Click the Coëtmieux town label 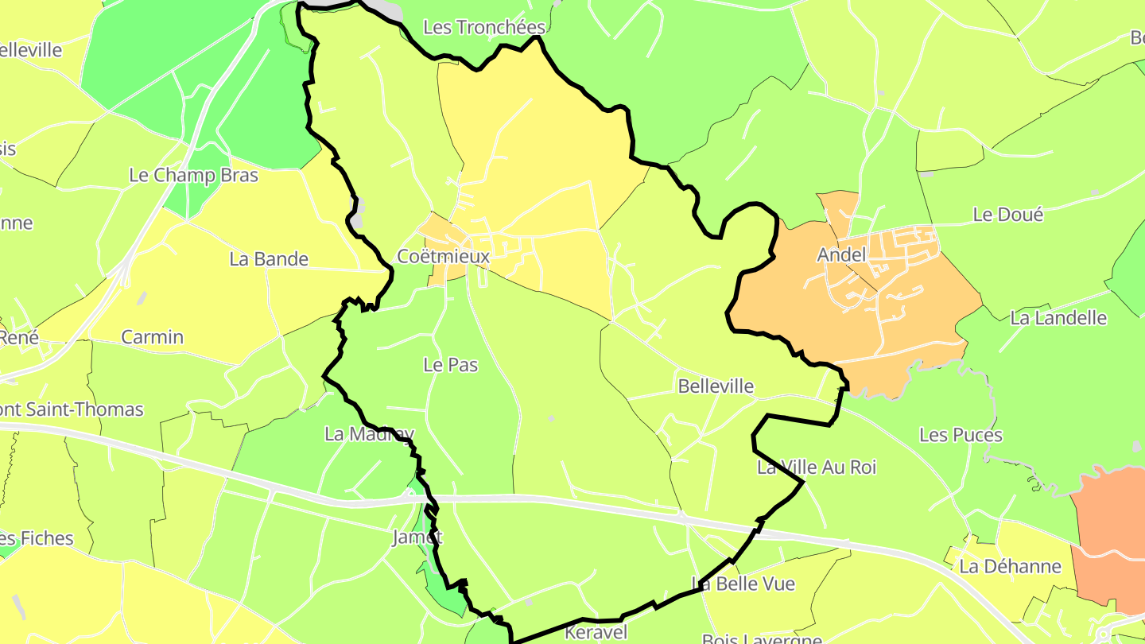(443, 257)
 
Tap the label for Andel (840, 255)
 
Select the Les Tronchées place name (483, 27)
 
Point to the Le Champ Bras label (193, 175)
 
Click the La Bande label (268, 258)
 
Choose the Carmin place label (152, 337)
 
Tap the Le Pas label (450, 365)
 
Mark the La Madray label (369, 434)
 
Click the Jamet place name (417, 537)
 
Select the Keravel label (596, 632)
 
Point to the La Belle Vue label (743, 584)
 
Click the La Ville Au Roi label (816, 467)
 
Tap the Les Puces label (961, 435)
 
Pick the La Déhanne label (1010, 566)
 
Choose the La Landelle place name (1058, 318)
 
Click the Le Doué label (1007, 215)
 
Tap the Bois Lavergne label (761, 638)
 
